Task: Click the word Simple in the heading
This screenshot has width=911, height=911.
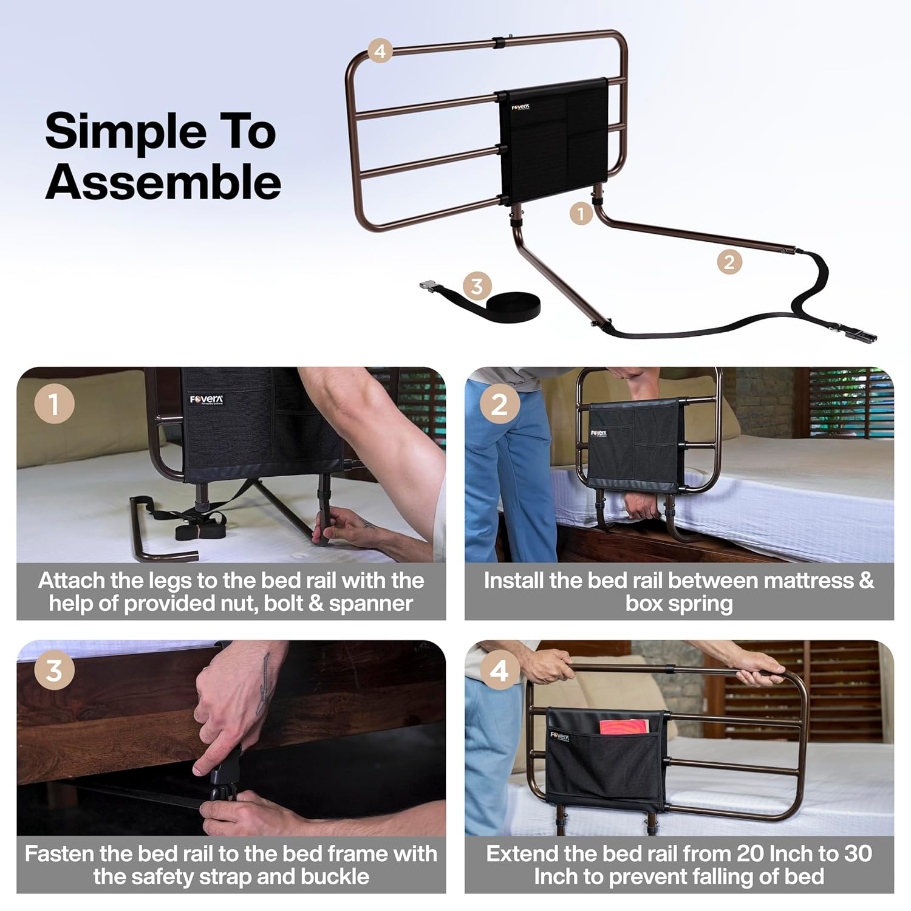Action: [126, 132]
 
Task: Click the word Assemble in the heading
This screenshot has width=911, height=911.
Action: [163, 182]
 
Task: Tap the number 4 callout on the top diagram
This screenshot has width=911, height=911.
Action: [380, 50]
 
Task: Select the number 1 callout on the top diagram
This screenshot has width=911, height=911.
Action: [581, 213]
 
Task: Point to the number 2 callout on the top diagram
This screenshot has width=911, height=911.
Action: [729, 262]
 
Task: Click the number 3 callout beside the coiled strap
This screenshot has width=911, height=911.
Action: [477, 285]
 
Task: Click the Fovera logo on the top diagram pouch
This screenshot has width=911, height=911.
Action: [520, 107]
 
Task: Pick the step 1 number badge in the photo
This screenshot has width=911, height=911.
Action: [54, 404]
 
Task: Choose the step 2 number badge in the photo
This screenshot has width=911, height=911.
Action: [499, 404]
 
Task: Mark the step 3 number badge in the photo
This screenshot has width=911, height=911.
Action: [54, 671]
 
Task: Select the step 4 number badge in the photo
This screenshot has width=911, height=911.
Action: [499, 671]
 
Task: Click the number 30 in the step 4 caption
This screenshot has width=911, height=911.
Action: [858, 853]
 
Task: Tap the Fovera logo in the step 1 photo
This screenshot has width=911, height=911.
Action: [206, 400]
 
